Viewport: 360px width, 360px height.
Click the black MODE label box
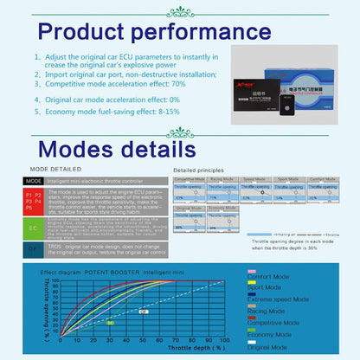33,182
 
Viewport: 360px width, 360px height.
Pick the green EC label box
33,228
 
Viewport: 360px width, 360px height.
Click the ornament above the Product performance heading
180,11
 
